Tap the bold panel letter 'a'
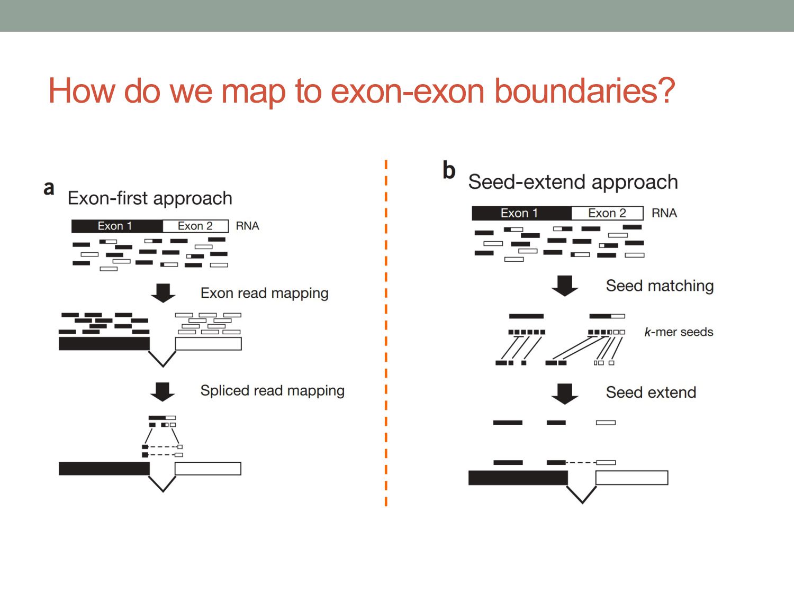(49, 188)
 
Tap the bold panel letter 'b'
(449, 170)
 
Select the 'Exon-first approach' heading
(150, 198)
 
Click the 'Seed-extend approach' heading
(573, 182)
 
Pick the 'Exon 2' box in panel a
(195, 226)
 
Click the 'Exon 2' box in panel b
(607, 213)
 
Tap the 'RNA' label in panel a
(247, 226)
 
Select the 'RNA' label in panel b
(664, 213)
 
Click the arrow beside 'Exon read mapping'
(163, 292)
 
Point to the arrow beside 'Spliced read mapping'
(163, 391)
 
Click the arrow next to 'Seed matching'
(565, 286)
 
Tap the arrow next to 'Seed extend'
(565, 393)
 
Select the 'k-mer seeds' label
(679, 332)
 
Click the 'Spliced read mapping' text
(272, 391)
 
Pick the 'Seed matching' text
(660, 286)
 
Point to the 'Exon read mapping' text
(264, 293)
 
